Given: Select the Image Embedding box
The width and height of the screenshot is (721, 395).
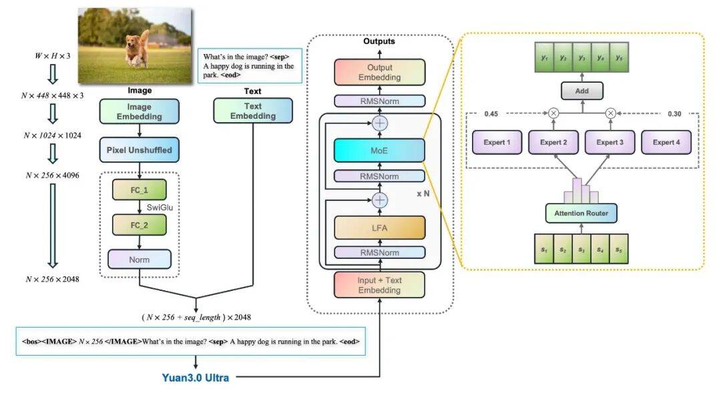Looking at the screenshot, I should click(x=140, y=111).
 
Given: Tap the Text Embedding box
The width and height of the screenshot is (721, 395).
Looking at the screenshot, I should click(x=253, y=111).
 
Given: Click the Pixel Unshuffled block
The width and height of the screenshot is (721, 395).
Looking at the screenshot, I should click(x=140, y=150).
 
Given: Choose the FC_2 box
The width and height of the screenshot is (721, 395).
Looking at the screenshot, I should click(x=140, y=225).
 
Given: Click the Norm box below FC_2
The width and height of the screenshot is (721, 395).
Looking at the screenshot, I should click(x=140, y=259).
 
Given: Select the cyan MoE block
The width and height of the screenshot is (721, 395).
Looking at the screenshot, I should click(x=379, y=150).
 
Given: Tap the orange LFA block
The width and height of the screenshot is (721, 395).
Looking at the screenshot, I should click(x=379, y=228).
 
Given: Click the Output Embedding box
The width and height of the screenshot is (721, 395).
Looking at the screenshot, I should click(x=379, y=72).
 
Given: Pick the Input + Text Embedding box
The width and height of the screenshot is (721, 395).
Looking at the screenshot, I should click(x=379, y=285).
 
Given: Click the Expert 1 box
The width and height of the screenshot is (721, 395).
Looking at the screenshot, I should click(x=496, y=142).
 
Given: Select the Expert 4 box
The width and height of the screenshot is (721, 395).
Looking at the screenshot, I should click(x=666, y=142).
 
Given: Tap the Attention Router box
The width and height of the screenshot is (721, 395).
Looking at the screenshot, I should click(x=581, y=214).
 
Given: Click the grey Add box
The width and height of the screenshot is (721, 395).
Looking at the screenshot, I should click(x=581, y=89).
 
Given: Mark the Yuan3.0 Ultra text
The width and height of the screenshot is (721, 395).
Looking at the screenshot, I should click(x=196, y=378).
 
